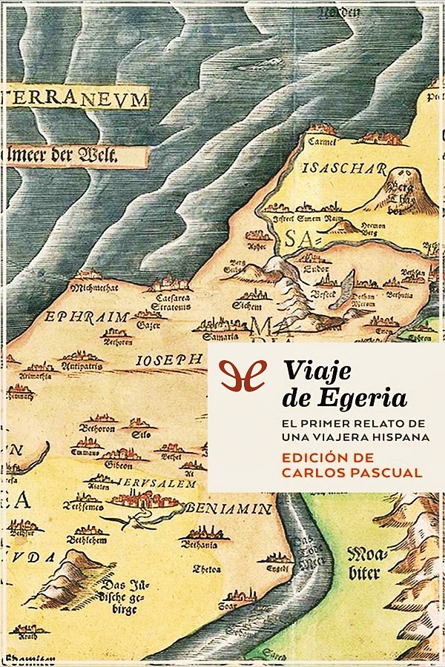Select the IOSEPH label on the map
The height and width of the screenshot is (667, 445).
click(170, 359)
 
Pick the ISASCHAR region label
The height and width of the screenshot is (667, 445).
click(334, 167)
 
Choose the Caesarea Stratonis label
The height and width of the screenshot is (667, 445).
click(171, 299)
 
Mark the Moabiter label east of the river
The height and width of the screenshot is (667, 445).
click(364, 563)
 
